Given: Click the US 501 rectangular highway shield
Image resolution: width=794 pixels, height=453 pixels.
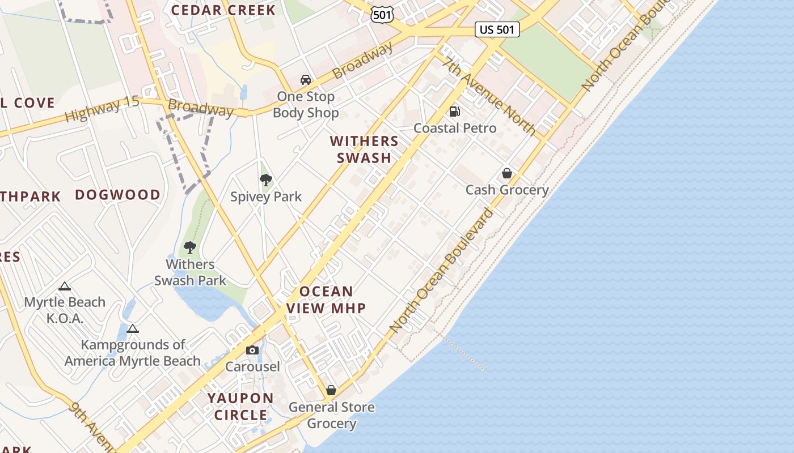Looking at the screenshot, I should pos(497,29).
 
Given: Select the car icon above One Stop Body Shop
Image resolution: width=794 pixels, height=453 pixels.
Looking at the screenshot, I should pos(306,80).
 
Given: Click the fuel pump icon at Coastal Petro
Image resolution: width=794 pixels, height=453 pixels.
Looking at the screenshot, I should pos(454,112).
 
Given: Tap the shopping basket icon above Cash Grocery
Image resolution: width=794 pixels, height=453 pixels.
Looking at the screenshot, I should pos(507,173).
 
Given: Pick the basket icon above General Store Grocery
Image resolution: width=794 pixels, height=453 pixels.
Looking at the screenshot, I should pos(331,390).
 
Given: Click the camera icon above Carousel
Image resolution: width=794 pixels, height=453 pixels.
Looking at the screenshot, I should pos(252,350).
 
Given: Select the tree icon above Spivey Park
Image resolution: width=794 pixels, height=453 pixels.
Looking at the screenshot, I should pos(265,180).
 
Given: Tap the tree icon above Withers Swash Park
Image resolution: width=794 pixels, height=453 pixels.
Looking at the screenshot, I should pos(190,247).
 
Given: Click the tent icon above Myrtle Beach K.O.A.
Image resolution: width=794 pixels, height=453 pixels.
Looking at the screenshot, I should pos(65,286).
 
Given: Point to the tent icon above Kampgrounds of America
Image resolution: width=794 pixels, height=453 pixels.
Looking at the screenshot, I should pos(133,328).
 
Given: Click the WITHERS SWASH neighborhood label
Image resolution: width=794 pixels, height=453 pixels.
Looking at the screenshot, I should pos(364,149).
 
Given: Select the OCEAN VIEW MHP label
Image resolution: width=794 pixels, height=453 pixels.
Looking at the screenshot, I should pos(326,300).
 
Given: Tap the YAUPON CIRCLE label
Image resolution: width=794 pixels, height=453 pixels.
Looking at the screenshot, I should pos(240,407).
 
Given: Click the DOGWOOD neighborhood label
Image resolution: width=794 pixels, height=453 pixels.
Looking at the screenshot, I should pos(118,195).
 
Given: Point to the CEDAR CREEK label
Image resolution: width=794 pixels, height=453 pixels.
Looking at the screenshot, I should pos(223,10).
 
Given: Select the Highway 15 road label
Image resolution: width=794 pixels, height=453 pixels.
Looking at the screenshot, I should pos(102,109).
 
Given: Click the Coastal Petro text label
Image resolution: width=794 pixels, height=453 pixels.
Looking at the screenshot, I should pos(455,128).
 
